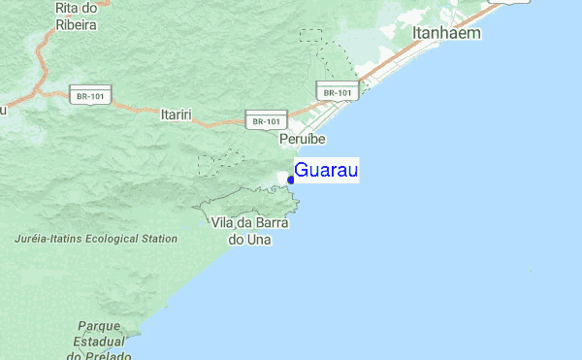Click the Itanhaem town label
click(446, 33)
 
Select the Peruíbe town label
click(302, 140)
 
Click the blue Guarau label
click(327, 172)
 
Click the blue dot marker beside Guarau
click(291, 180)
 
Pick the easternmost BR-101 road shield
click(338, 92)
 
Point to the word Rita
click(67, 8)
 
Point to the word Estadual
click(98, 343)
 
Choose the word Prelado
click(108, 356)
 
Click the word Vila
click(222, 222)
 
